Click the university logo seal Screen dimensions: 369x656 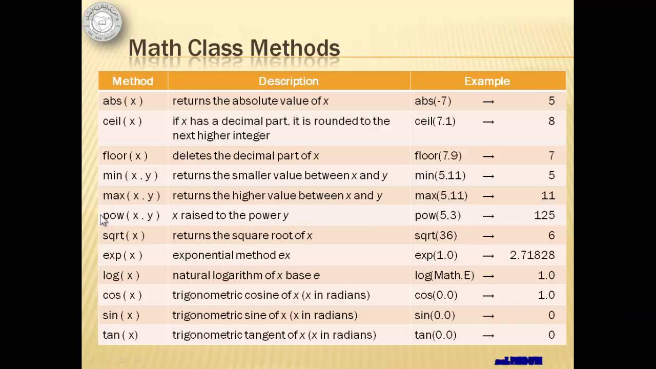click(102, 22)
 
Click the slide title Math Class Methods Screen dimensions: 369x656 click(234, 48)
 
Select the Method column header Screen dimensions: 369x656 click(133, 81)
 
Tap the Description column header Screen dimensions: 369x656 click(289, 81)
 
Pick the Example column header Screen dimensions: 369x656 click(487, 81)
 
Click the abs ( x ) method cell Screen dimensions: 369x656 click(122, 101)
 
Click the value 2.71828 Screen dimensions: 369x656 click(532, 255)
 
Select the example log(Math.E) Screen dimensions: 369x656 click(444, 275)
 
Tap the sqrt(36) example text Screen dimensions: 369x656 click(436, 235)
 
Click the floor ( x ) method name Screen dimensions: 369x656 click(125, 155)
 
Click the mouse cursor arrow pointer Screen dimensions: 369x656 click(104, 219)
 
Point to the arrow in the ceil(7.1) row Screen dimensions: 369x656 click(488, 121)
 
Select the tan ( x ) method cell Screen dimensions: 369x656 click(120, 335)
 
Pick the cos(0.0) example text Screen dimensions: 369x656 click(436, 295)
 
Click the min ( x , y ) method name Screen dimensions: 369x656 click(130, 175)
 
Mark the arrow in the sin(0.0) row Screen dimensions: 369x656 click(488, 315)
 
